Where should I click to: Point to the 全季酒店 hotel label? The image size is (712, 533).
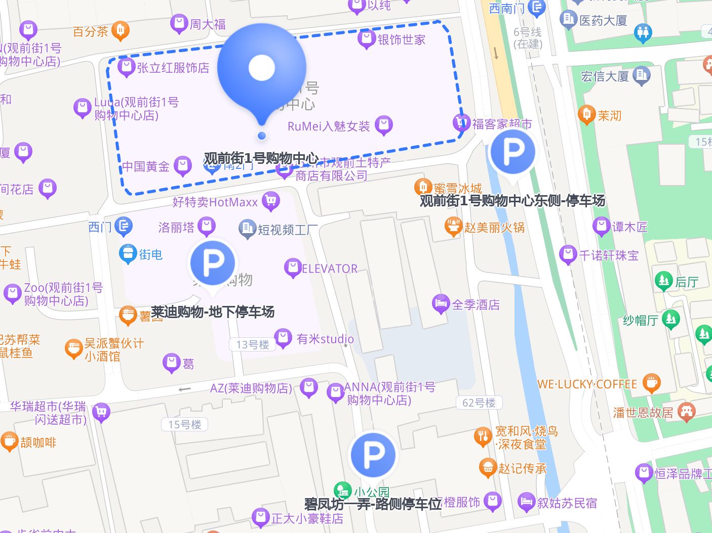point(475,305)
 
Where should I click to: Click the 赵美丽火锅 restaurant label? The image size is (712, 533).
point(494,228)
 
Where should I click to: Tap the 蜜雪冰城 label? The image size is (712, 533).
point(457,189)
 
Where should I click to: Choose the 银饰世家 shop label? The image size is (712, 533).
point(401,39)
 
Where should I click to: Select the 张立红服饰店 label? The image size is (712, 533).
point(173,68)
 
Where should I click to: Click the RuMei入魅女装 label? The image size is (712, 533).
point(329,126)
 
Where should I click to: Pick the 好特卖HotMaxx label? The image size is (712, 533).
point(215,202)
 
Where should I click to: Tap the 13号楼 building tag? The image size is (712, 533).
point(253,345)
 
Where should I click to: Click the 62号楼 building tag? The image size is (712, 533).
point(479,403)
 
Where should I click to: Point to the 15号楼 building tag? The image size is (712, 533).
point(185,425)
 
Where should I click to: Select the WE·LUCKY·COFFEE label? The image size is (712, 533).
point(587,384)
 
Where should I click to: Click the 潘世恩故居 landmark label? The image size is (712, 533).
point(643,413)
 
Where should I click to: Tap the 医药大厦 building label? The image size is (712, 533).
point(603,21)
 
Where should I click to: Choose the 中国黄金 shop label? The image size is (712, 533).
point(146,166)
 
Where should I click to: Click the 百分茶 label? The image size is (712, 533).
point(91,32)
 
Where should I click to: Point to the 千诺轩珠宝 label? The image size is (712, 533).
point(609,255)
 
